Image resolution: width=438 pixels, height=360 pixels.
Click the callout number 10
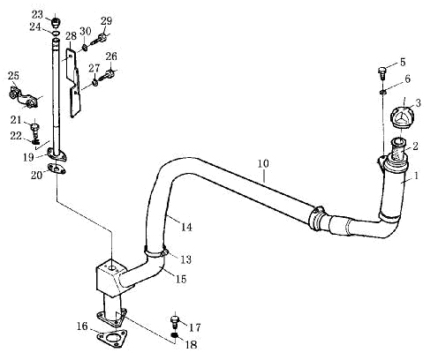263,163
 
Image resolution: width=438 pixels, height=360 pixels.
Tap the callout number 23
37,14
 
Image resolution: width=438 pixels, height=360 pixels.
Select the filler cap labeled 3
403,118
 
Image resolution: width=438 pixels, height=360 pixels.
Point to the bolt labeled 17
175,322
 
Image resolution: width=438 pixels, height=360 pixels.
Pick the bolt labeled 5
382,73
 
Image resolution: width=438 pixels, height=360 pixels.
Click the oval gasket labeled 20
57,169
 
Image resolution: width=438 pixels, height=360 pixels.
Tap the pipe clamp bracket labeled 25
24,97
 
